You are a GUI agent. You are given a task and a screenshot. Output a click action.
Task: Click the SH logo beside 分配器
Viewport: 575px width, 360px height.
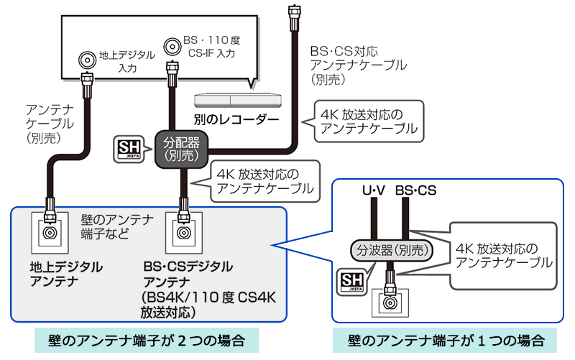pyautogui.click(x=131, y=147)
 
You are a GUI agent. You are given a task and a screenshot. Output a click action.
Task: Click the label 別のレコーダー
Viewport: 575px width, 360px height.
pyautogui.click(x=236, y=117)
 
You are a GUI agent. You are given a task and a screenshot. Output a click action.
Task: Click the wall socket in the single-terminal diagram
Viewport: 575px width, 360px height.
pyautogui.click(x=391, y=303)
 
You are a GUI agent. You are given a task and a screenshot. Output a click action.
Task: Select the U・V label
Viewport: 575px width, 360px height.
pyautogui.click(x=374, y=191)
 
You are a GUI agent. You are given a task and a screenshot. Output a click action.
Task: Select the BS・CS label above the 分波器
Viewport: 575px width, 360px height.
pyautogui.click(x=415, y=191)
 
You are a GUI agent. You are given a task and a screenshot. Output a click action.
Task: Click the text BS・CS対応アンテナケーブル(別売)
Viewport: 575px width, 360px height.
pyautogui.click(x=356, y=65)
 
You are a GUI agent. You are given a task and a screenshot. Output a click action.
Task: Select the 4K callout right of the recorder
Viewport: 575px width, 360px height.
pyautogui.click(x=368, y=121)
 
